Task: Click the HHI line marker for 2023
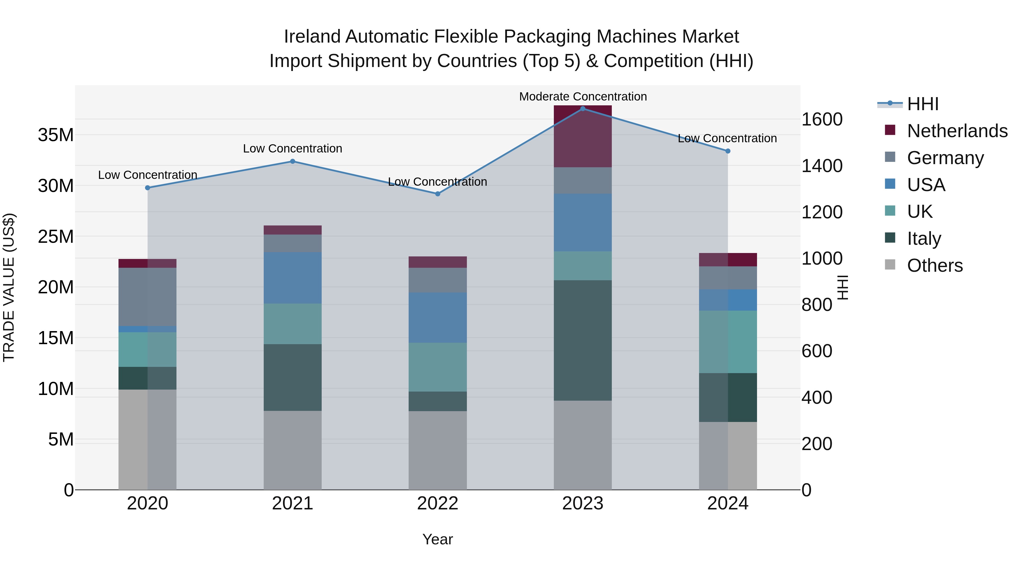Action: [x=583, y=109]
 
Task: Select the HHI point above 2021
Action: [x=293, y=162]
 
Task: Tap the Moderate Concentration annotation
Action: [x=583, y=97]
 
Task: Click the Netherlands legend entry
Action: [x=957, y=131]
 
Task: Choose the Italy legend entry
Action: [x=924, y=239]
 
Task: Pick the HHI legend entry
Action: [x=922, y=104]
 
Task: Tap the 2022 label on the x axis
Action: [x=438, y=503]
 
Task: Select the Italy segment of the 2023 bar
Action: [x=583, y=340]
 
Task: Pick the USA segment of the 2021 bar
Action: [x=293, y=278]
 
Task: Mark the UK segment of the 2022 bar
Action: [x=438, y=367]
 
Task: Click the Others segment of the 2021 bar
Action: [x=293, y=450]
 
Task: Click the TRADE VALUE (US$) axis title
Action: [x=9, y=287]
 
